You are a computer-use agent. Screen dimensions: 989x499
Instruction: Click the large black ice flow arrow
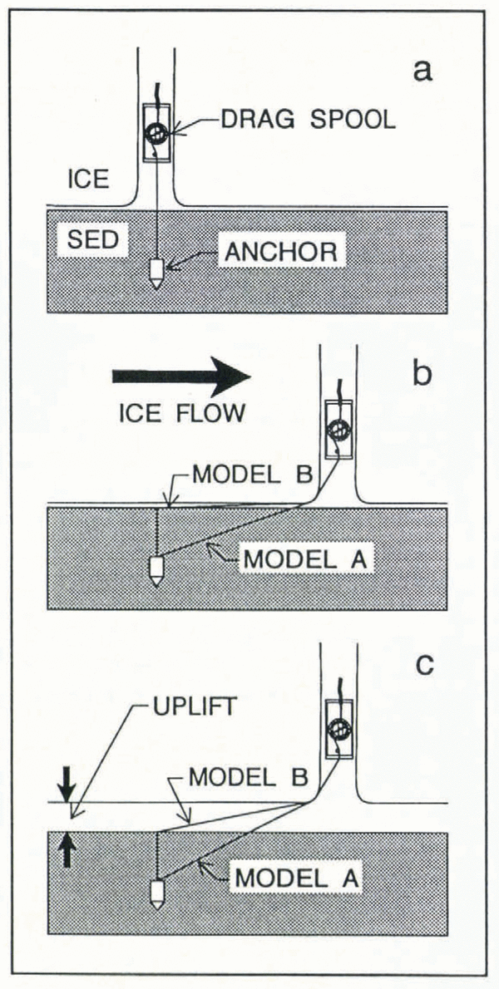click(x=180, y=376)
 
